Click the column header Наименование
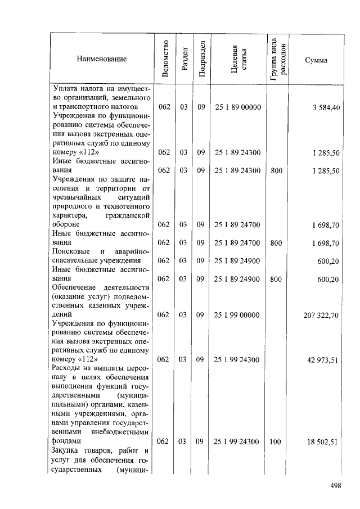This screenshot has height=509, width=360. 102,59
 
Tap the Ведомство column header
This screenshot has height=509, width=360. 165,58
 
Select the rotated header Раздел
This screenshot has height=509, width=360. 183,58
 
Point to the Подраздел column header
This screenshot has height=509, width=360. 201,58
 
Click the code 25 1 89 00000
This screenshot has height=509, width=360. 238,107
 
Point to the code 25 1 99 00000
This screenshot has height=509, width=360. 238,316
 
